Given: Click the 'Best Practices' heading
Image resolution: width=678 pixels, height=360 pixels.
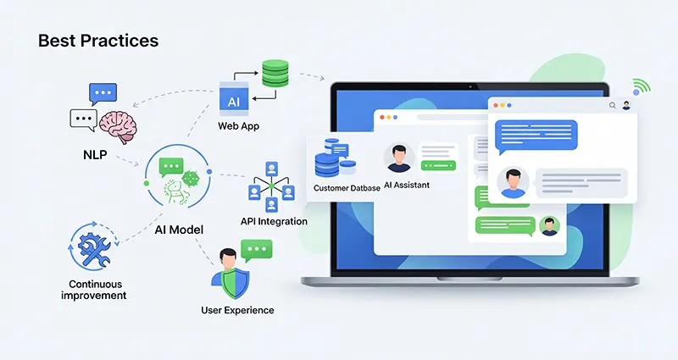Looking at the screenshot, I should (x=98, y=40).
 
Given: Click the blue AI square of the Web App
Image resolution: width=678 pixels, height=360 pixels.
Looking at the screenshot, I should (x=234, y=99).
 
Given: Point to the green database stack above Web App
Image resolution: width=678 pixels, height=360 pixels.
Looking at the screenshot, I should (x=275, y=73).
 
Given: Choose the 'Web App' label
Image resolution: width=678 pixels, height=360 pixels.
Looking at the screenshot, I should (x=239, y=126).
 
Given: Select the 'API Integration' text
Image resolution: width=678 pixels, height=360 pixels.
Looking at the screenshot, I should (x=274, y=222).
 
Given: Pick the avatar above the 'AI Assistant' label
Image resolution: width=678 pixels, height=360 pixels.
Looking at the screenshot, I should (x=398, y=158).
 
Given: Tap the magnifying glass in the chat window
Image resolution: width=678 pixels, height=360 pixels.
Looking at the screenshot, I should (x=612, y=106).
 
